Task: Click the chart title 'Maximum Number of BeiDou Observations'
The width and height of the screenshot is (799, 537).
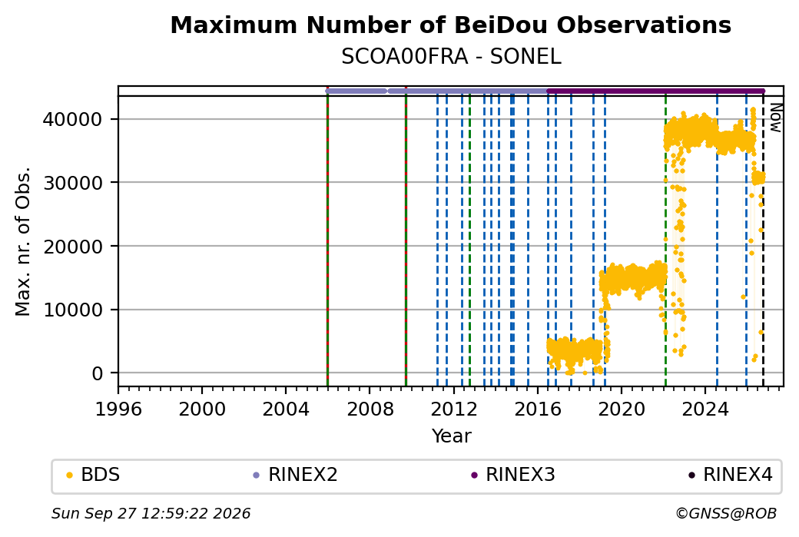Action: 450,25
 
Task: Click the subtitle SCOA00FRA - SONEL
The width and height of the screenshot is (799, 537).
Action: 451,57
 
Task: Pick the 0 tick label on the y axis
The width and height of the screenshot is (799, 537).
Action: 98,373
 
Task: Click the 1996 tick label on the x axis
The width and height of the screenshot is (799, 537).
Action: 118,409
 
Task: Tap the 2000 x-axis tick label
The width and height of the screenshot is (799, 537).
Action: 202,409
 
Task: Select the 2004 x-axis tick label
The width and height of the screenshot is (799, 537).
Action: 285,409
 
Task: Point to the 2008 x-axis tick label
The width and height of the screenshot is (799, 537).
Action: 370,409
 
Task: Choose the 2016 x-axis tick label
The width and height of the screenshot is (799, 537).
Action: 538,409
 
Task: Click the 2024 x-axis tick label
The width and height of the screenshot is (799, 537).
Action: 705,409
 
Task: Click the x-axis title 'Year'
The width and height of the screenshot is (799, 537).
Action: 452,436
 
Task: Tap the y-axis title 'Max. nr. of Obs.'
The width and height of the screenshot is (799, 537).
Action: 24,241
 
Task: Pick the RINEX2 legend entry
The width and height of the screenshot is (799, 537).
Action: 296,475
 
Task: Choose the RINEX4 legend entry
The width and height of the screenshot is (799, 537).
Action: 730,475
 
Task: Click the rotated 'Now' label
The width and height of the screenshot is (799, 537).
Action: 775,118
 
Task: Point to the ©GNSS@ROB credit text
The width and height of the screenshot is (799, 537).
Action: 726,513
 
